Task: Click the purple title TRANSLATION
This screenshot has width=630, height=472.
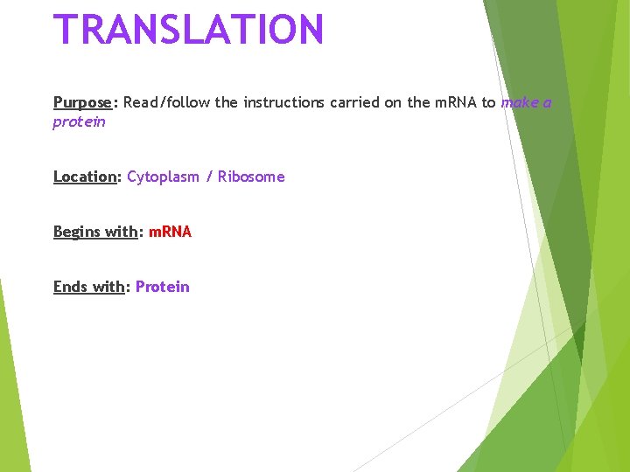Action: pos(189,29)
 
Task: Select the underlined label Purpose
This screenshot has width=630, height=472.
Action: pos(82,103)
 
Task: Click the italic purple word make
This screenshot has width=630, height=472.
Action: pos(519,102)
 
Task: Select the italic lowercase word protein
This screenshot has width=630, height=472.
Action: pos(79,121)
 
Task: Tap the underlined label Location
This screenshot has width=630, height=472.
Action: pos(85,177)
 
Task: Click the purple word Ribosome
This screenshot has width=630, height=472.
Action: pos(251,177)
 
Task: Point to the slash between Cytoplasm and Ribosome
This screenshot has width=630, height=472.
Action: pos(209,177)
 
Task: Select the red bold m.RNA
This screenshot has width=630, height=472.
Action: pos(170,232)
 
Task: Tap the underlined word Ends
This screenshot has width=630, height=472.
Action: pos(70,287)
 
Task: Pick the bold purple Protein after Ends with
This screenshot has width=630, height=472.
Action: pos(162,287)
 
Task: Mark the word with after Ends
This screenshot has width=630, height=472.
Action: pos(108,287)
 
